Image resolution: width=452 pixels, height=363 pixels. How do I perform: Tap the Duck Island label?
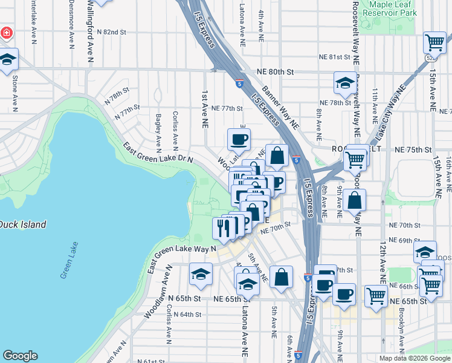(x=22, y=224)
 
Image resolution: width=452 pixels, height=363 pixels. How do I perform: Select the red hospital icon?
(x=6, y=31)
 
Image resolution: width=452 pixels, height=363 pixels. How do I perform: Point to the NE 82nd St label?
(x=109, y=31)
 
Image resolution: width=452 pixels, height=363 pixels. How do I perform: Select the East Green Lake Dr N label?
(x=158, y=152)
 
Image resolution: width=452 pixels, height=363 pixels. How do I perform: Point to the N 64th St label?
(x=185, y=314)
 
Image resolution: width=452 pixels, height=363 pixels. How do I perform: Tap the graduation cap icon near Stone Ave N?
(x=7, y=59)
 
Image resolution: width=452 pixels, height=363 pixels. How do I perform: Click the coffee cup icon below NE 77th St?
(x=238, y=140)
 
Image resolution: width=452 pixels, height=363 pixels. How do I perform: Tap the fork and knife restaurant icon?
(x=223, y=227)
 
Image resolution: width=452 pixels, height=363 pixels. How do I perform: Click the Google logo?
(x=20, y=356)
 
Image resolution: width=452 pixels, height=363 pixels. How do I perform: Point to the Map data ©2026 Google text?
(x=415, y=358)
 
